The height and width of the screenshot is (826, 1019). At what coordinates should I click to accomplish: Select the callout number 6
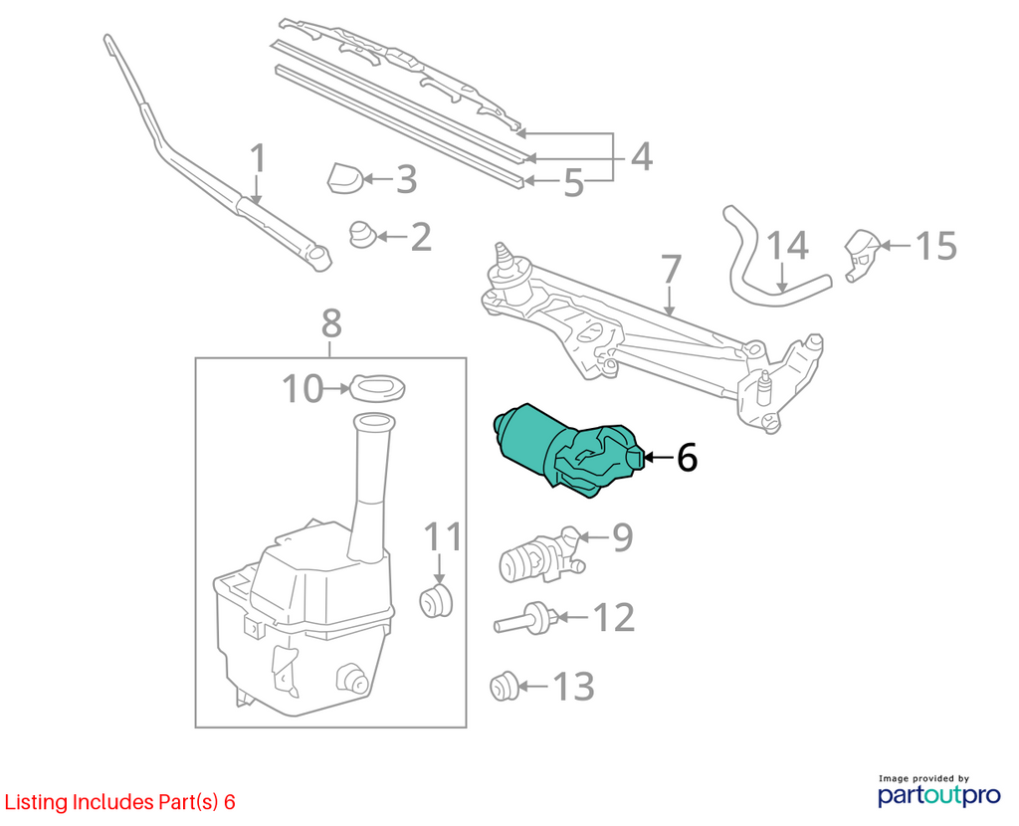pyautogui.click(x=687, y=457)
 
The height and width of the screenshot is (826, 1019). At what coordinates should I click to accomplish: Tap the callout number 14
pyautogui.click(x=788, y=246)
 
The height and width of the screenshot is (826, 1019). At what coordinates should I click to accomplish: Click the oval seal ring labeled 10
pyautogui.click(x=377, y=388)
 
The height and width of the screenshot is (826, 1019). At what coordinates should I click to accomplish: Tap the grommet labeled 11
pyautogui.click(x=436, y=600)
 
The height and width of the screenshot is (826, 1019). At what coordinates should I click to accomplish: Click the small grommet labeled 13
pyautogui.click(x=504, y=687)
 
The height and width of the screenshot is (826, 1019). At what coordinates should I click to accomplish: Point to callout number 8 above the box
pyautogui.click(x=331, y=323)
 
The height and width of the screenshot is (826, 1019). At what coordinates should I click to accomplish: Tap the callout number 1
pyautogui.click(x=259, y=158)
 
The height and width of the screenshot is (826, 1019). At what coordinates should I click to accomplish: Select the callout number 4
pyautogui.click(x=642, y=156)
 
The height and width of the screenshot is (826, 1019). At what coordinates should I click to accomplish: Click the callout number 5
pyautogui.click(x=574, y=183)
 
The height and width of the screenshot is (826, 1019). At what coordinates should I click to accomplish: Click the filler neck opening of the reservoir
pyautogui.click(x=374, y=421)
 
